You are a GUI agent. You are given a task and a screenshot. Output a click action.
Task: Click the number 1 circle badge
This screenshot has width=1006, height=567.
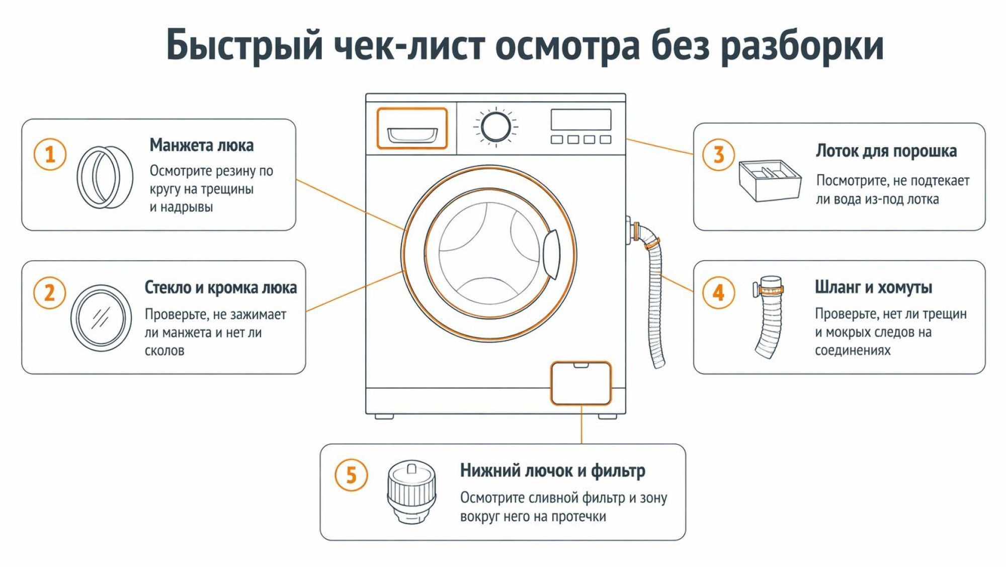pos(50,155)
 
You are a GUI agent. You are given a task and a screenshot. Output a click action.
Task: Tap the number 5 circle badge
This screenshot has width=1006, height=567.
pos(351,475)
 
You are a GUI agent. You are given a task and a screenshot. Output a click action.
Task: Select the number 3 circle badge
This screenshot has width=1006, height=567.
pos(718,155)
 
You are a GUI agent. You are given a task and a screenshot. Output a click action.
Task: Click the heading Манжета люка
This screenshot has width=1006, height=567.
pos(201,146)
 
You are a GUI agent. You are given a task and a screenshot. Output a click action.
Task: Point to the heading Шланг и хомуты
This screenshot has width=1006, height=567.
pos(873,287)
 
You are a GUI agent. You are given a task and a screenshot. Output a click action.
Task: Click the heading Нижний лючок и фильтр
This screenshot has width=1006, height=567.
pos(552,470)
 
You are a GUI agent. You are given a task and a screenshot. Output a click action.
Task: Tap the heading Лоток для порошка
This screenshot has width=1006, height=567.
pos(886,151)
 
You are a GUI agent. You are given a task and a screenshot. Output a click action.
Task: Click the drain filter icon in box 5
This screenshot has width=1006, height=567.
pos(411,492)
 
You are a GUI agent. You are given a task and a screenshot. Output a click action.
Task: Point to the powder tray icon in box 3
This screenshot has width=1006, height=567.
pos(769,180)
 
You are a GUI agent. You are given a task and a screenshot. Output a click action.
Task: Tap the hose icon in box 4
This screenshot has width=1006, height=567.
pos(769,317)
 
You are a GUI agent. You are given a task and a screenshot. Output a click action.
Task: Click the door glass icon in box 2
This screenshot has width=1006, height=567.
pos(101,318)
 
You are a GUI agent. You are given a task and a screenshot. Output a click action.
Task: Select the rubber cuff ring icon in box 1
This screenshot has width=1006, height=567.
pos(105,177)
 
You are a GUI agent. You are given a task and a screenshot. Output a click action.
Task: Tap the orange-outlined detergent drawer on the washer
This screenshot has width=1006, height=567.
pos(412,129)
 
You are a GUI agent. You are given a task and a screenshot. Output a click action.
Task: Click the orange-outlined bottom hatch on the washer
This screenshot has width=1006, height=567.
pos(581,383)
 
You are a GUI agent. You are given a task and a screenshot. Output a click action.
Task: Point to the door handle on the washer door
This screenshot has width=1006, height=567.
pos(551,254)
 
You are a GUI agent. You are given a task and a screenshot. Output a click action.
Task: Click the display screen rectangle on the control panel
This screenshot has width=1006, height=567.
pos(581,120)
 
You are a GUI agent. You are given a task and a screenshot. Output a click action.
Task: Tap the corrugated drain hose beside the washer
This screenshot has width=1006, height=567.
pos(655,302)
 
